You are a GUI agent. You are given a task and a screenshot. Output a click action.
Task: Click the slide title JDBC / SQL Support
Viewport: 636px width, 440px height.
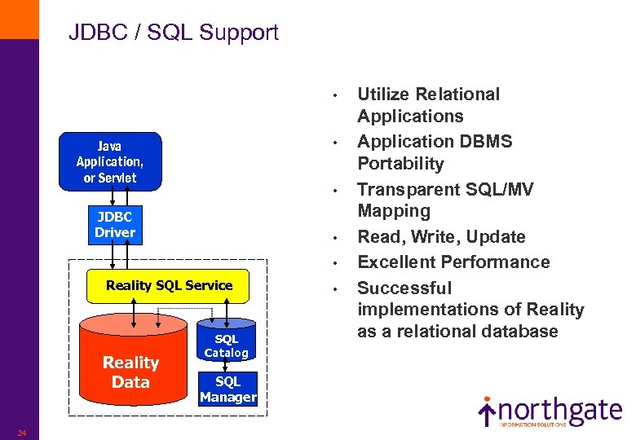coord(173,33)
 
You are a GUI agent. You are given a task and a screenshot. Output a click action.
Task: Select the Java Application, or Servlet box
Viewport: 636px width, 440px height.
coord(110,161)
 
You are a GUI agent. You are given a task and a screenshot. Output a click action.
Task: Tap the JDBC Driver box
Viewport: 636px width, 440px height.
coord(115,225)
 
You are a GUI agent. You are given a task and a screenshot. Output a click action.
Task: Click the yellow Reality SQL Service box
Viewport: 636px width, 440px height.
coord(169,285)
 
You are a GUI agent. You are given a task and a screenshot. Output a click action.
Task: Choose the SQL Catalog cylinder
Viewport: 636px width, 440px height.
coord(226,345)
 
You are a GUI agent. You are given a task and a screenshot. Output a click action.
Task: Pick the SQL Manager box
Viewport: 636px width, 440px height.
coord(227,389)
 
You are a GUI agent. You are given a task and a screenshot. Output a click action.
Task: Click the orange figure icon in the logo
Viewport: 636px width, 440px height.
coord(487,410)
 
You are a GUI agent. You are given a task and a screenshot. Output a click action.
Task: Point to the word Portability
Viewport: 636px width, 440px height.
coord(400,164)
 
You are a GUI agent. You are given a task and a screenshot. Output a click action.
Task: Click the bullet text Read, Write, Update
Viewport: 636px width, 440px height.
coord(441,237)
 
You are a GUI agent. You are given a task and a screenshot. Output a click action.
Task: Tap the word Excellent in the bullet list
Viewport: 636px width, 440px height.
coord(395,262)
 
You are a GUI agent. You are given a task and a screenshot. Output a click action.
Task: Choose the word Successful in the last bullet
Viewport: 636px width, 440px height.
coord(404,288)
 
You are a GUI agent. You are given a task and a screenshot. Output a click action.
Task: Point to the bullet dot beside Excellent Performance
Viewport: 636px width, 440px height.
coord(335,263)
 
